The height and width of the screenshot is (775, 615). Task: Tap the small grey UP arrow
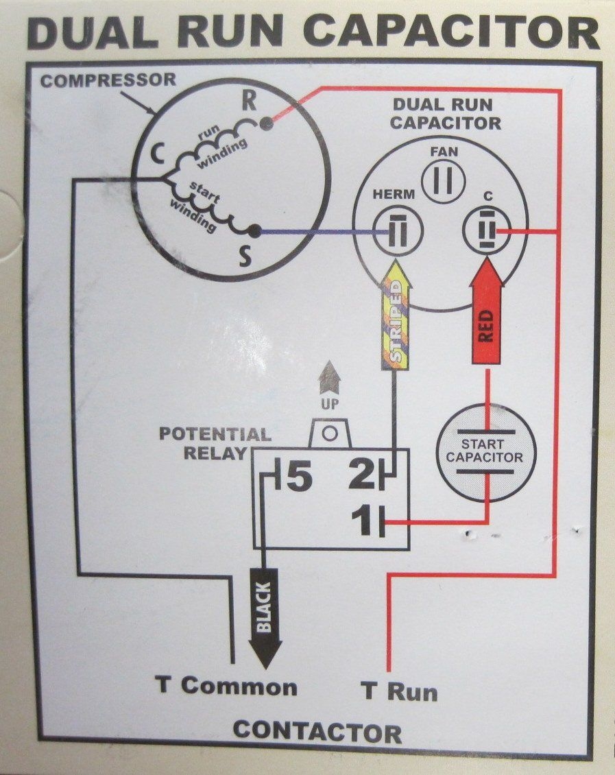pyautogui.click(x=330, y=377)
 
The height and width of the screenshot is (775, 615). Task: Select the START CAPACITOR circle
pyautogui.click(x=486, y=451)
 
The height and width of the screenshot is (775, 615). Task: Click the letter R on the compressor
pyautogui.click(x=250, y=102)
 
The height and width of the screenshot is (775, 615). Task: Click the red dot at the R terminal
pyautogui.click(x=265, y=123)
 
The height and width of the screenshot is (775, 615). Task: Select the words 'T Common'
pyautogui.click(x=226, y=687)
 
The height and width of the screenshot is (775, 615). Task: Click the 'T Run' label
pyautogui.click(x=400, y=691)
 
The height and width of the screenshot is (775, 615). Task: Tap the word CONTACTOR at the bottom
pyautogui.click(x=317, y=732)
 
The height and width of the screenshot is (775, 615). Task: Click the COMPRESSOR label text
pyautogui.click(x=108, y=80)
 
